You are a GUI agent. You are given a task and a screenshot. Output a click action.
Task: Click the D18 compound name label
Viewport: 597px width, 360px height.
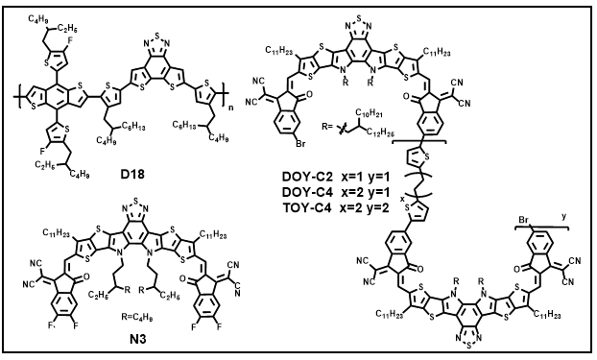click(132, 175)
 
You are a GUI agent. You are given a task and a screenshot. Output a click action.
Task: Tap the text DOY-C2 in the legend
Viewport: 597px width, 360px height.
click(308, 177)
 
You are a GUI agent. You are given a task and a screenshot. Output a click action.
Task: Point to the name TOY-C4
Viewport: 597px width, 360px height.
click(308, 207)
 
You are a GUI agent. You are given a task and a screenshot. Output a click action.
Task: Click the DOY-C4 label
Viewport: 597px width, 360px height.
click(308, 192)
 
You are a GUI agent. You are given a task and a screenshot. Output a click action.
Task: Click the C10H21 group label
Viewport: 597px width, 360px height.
click(369, 113)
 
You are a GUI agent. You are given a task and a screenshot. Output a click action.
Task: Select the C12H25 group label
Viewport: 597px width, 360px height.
click(380, 132)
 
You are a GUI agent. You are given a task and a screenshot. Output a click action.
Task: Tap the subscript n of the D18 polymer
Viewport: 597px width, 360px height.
click(231, 108)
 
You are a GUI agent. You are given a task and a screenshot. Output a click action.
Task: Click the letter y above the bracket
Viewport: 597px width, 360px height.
click(563, 217)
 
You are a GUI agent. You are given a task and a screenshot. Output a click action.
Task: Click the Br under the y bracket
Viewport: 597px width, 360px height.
click(524, 220)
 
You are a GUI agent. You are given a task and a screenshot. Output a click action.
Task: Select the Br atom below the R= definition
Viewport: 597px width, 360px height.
click(300, 144)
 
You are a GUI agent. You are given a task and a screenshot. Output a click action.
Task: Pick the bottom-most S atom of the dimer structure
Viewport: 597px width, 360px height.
click(468, 348)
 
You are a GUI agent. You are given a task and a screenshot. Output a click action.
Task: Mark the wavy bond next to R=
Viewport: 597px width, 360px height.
click(342, 129)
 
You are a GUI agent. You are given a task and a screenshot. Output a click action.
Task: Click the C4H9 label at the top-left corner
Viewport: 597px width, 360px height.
click(36, 18)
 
